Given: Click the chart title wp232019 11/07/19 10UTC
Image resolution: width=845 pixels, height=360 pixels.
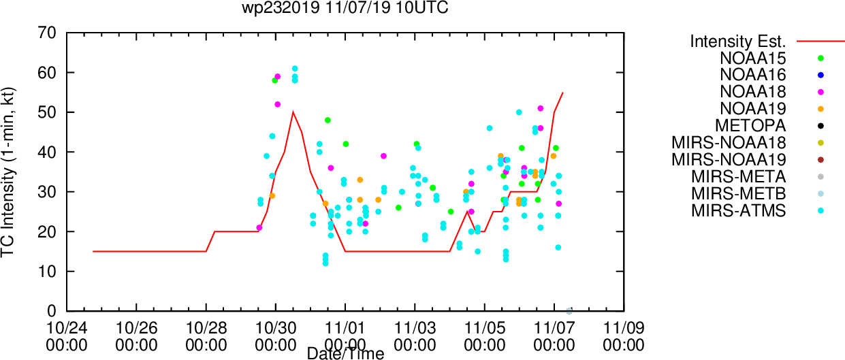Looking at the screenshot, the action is pos(345,7).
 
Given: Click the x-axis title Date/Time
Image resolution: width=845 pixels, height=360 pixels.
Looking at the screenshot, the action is pos(345,354).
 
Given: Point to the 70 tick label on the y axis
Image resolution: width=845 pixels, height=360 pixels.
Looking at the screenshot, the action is pos(47,33).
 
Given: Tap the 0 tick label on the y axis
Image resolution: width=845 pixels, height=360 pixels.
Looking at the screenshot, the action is pos(52,311).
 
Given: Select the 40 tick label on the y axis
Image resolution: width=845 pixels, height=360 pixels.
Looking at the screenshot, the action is pos(47,152).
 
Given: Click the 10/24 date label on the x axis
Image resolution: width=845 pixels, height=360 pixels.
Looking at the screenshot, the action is pos(67,328).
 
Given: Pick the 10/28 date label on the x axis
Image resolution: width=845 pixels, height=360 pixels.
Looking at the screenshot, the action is pos(206,328).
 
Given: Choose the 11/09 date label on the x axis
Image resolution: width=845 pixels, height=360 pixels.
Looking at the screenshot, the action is pos(624,328).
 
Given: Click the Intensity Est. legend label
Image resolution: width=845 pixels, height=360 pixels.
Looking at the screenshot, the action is pos(738,42).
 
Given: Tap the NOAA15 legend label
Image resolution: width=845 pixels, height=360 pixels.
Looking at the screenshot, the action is pos(753,59).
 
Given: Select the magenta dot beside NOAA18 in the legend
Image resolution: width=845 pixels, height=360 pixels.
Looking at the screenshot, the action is pos(820,92).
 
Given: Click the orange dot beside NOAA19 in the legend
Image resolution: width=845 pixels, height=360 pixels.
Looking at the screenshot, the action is pos(820,109).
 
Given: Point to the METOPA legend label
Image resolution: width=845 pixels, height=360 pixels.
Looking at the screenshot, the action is pos(750,125).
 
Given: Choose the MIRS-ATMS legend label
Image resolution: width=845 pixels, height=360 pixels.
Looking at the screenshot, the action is pos(739,210).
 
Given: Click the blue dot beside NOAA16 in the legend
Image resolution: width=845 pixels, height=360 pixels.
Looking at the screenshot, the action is pos(820,75).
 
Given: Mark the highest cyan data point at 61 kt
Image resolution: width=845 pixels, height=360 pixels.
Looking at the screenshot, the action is pos(295,69).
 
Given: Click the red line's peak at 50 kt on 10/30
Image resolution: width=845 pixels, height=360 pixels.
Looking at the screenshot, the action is pos(293,112).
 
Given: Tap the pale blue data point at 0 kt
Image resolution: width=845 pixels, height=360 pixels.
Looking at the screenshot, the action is pos(569,311).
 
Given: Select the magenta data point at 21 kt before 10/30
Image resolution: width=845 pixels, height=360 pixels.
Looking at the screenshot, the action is pos(259,228).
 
